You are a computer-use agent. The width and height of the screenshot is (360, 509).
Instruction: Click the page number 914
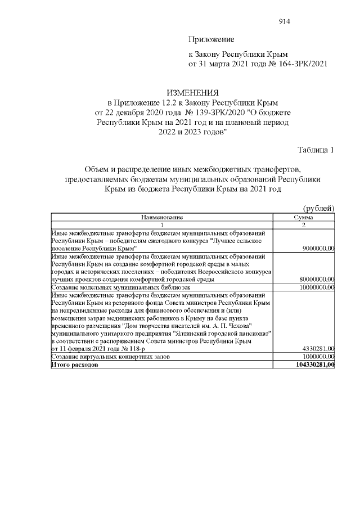284,21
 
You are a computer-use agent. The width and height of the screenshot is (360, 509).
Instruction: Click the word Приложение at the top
210,40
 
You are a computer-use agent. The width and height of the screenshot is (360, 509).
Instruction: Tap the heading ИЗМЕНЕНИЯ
192,92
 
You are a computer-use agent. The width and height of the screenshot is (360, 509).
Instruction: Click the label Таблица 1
316,150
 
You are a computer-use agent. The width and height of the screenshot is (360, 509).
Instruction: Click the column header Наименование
162,217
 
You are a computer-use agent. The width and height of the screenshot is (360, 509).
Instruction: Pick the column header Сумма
304,217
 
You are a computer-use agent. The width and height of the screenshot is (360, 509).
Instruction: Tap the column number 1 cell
162,224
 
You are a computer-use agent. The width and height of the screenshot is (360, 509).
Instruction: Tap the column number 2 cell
304,224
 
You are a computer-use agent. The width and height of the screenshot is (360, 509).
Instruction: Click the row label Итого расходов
75,364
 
